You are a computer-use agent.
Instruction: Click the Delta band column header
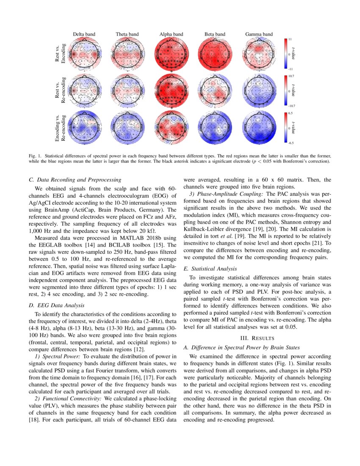point(84,34)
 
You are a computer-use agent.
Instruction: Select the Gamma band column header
point(259,34)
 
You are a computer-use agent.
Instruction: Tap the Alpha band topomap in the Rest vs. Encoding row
point(172,54)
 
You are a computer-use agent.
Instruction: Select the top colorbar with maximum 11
point(285,54)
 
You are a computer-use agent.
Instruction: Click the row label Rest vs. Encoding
point(60,54)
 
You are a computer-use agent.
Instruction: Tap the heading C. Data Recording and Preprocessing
point(75,180)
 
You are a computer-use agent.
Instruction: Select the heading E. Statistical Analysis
point(210,269)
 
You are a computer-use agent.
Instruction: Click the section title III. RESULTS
point(257,338)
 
